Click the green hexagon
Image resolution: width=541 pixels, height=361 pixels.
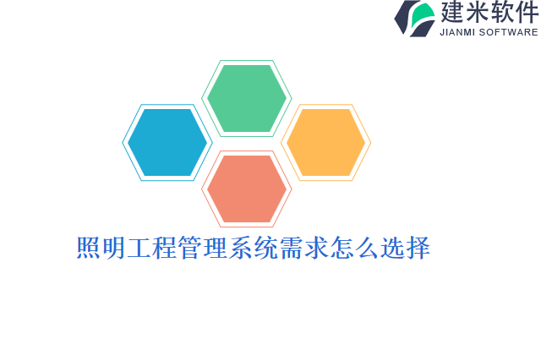247,98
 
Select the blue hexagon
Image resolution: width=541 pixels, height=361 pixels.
167,142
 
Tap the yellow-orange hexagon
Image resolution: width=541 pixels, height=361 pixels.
325,142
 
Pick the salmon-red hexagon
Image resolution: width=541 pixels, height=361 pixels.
247,188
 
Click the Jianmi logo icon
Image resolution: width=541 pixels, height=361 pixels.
414,19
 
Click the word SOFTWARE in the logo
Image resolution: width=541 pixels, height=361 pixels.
509,33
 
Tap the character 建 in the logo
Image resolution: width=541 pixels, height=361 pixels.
454,14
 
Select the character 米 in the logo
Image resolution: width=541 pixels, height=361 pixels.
479,14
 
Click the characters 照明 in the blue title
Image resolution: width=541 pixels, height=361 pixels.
101,249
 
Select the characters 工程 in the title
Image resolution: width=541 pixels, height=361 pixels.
152,249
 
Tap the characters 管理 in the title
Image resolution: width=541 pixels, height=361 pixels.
203,249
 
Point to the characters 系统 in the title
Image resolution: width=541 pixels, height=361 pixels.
254,249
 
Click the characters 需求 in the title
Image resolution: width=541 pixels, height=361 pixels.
304,249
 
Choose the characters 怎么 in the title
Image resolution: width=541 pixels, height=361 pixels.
355,249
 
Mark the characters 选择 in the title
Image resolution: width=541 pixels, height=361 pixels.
406,249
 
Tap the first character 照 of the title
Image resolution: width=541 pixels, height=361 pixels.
89,249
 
